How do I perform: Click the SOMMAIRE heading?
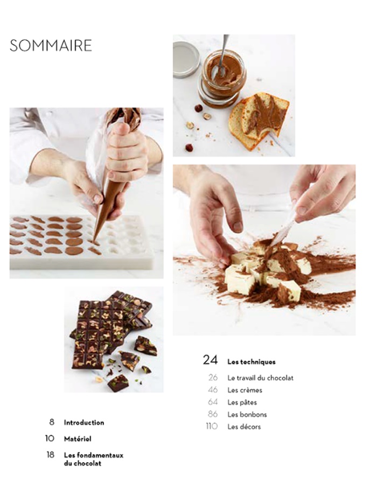(51, 45)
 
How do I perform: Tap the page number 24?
(211, 360)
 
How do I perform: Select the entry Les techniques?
(252, 362)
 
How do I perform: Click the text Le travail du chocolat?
(261, 378)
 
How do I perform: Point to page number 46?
(213, 390)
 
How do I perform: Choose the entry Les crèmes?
(245, 390)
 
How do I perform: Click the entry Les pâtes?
(242, 402)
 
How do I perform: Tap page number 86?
(213, 414)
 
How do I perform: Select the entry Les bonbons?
(247, 414)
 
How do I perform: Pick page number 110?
(212, 426)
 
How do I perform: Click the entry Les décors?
(244, 427)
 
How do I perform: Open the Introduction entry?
(84, 423)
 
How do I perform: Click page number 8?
(52, 422)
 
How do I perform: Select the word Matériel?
(78, 439)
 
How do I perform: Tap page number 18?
(51, 455)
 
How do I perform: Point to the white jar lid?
(185, 59)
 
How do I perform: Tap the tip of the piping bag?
(94, 241)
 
